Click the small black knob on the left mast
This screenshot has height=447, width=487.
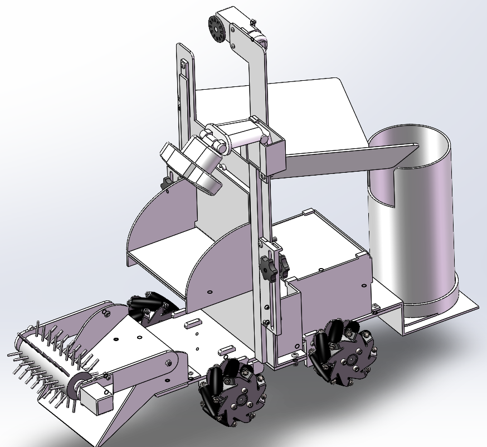point(166,183)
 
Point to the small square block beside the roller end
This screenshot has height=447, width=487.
point(95,399)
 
